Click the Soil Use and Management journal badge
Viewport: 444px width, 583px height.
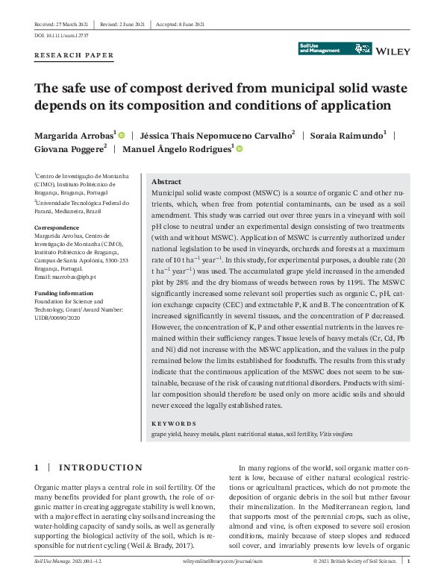point(335,48)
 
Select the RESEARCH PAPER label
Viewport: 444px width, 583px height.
point(75,55)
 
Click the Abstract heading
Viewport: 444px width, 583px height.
point(166,182)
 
